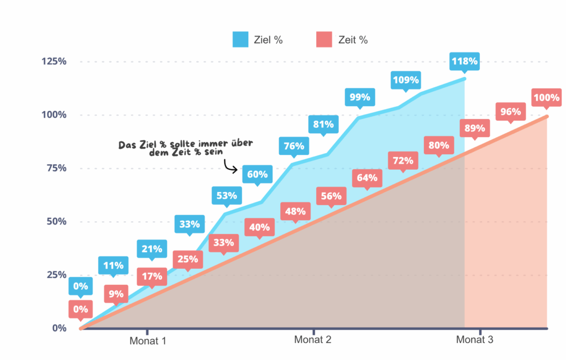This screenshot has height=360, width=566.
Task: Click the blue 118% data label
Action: [x=464, y=61]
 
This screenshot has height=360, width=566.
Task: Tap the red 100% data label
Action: [x=546, y=98]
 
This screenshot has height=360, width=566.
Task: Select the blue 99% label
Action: [x=360, y=97]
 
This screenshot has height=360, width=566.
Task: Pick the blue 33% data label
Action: [x=190, y=225]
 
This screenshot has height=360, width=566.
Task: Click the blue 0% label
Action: [x=81, y=286]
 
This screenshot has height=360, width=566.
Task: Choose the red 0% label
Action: [x=81, y=310]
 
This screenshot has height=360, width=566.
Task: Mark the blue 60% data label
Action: [x=257, y=175]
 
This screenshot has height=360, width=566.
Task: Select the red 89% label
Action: [x=475, y=129]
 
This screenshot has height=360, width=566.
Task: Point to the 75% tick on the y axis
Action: [x=55, y=168]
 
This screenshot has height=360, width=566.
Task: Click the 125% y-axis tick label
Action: [x=54, y=61]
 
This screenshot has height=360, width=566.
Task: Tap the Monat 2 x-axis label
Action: [x=313, y=340]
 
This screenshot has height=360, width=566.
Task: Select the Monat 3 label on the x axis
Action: [x=474, y=340]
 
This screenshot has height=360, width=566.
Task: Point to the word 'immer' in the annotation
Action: [x=204, y=143]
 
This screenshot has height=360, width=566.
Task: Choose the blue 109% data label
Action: [x=406, y=80]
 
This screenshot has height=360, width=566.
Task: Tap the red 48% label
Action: [x=296, y=211]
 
